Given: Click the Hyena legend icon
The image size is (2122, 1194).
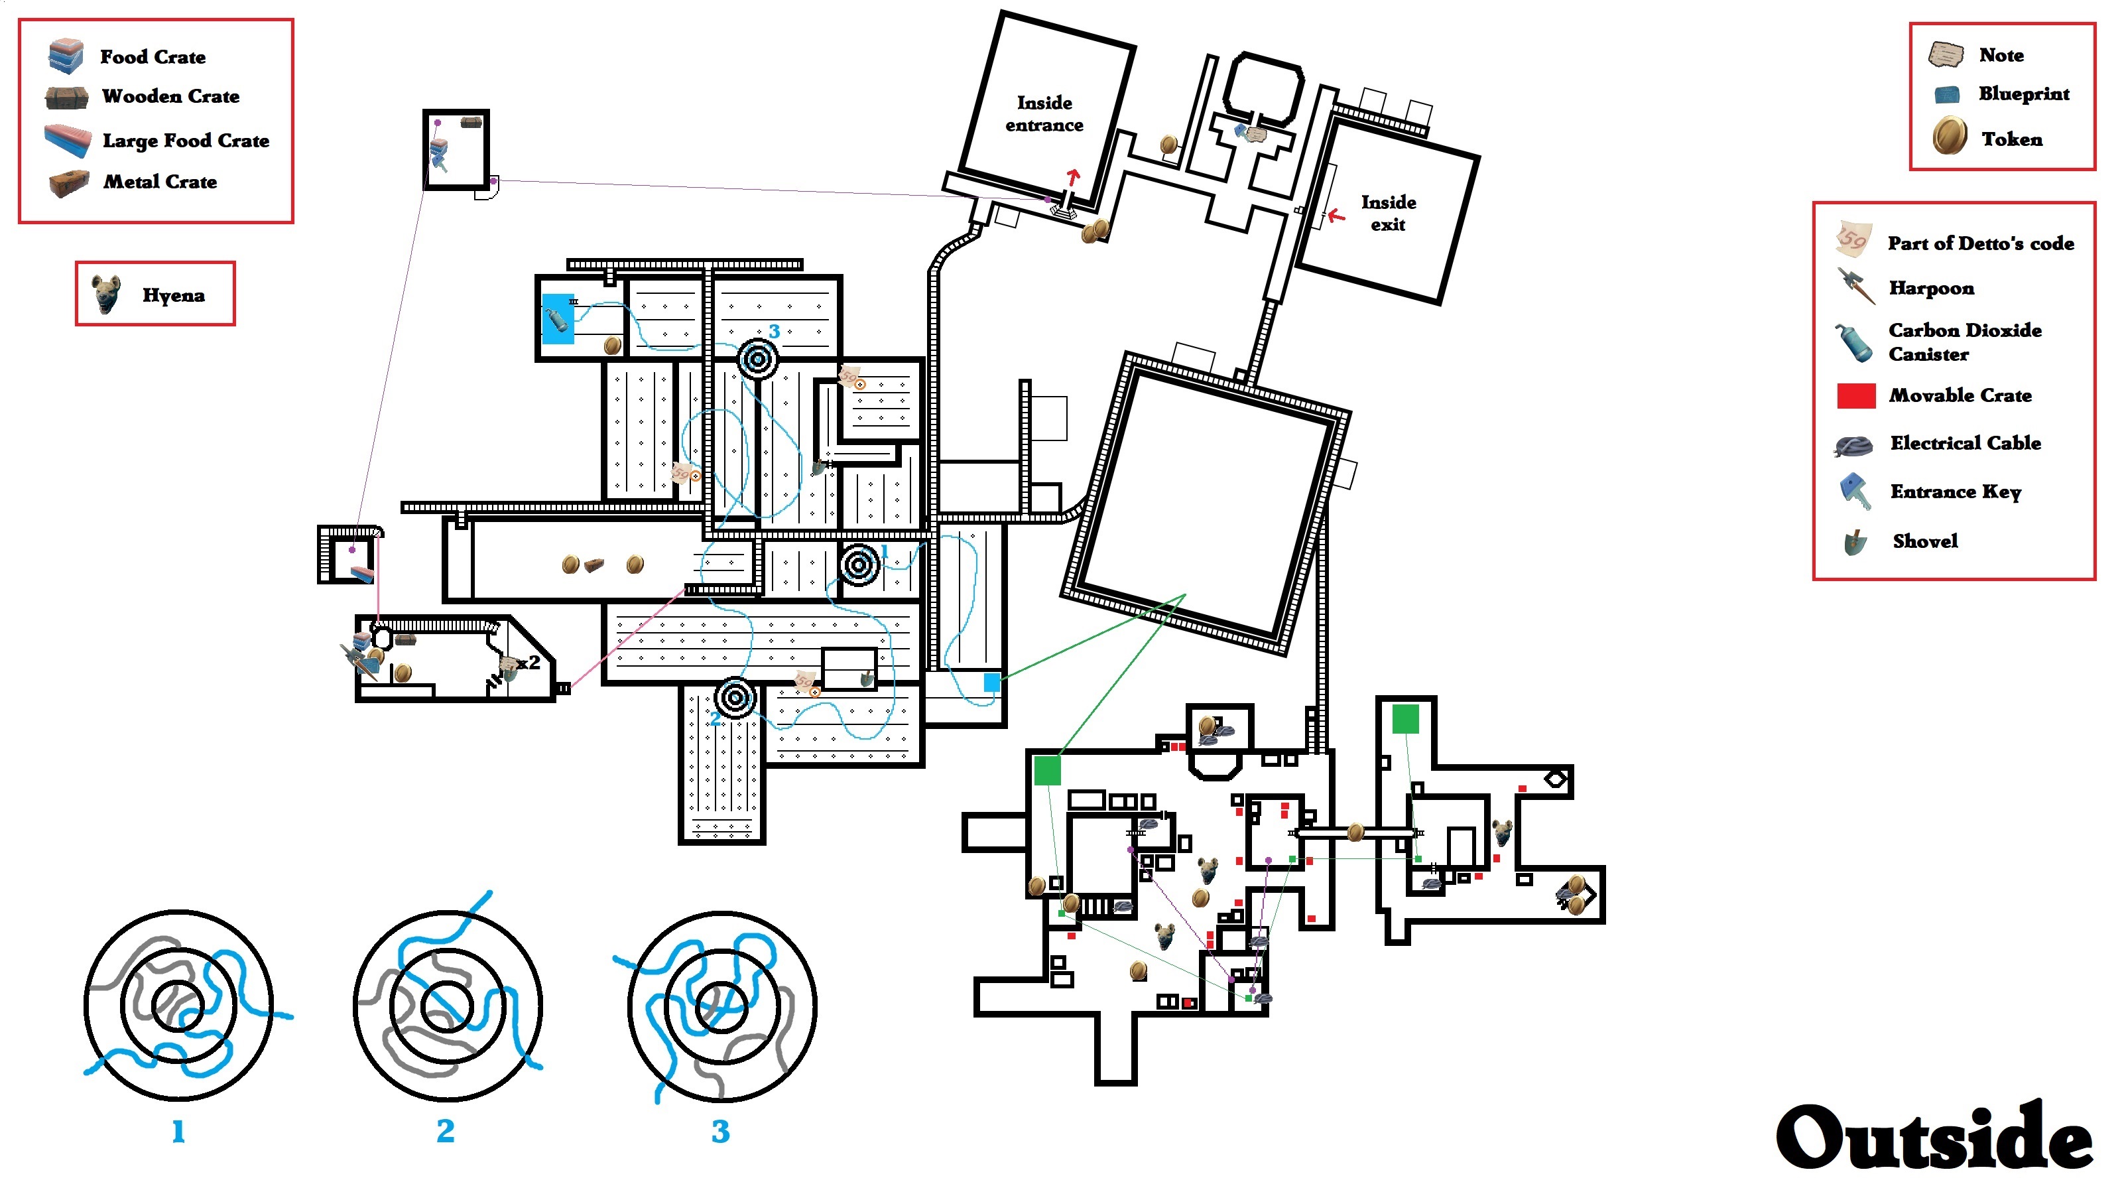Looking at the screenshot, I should (x=106, y=294).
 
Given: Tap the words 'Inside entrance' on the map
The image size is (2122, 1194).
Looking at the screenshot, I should (x=1044, y=113).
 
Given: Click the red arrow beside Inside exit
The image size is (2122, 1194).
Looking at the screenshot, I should (x=1336, y=216).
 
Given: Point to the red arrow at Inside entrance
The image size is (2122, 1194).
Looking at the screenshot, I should (x=1072, y=176).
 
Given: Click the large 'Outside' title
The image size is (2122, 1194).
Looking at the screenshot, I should (x=1934, y=1138).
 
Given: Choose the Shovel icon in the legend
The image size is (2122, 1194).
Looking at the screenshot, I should (x=1855, y=541).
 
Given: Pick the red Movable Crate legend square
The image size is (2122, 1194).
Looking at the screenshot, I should (x=1856, y=395).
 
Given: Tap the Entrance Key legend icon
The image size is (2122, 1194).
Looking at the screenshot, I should (x=1853, y=491).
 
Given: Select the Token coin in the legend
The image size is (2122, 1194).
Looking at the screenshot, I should (x=1949, y=137).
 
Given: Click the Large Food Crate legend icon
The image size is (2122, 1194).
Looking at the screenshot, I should (x=68, y=140).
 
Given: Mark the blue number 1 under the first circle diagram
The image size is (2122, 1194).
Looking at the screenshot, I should (x=178, y=1132).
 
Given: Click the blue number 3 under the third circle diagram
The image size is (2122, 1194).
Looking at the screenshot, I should (x=720, y=1132).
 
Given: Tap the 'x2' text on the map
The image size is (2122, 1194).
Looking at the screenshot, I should (x=529, y=662).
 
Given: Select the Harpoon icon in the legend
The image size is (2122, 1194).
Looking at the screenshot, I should (x=1855, y=287).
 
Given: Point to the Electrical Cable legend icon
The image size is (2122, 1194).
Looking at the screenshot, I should (x=1854, y=445).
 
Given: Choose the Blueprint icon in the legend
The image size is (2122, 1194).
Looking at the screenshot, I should (x=1948, y=95).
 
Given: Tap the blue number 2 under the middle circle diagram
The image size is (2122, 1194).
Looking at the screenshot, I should (x=445, y=1132).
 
